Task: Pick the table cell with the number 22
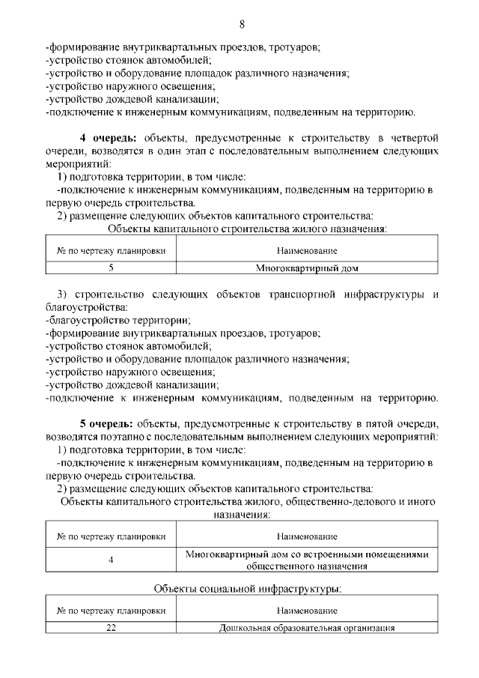(x=111, y=628)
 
